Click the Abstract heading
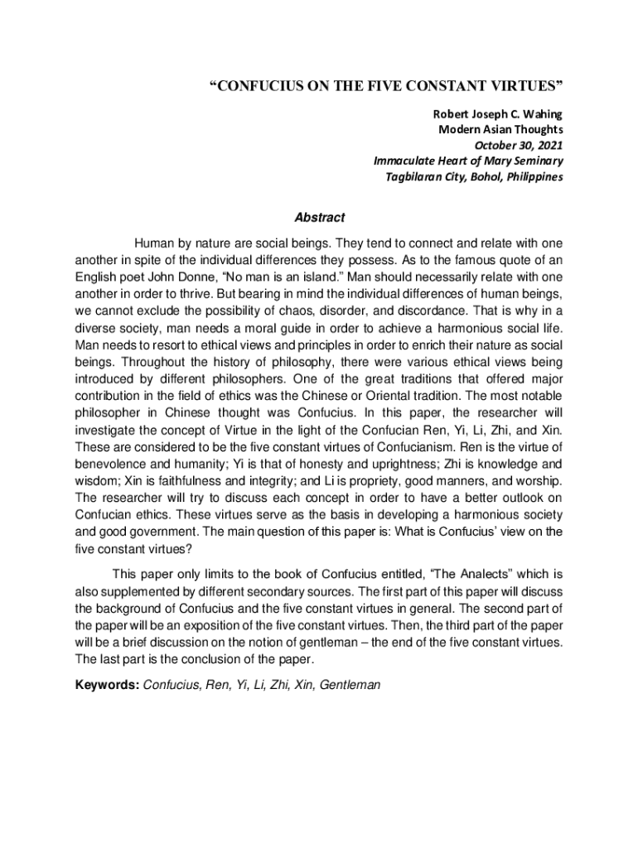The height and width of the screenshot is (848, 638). (319, 218)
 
